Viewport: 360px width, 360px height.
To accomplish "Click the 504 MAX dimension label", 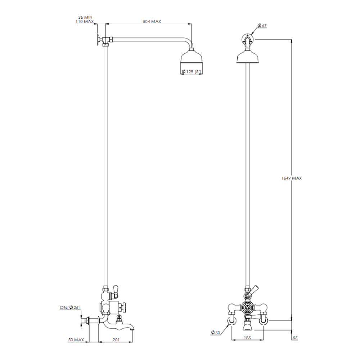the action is point(152,21).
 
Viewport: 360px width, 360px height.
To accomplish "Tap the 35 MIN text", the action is point(85,17).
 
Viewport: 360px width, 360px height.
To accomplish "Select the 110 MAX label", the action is point(85,22).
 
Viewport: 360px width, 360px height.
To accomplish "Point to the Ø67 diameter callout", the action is point(262,25).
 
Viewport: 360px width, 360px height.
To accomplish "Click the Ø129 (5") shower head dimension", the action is point(192,72).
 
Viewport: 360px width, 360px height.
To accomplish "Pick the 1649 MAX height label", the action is point(292,178).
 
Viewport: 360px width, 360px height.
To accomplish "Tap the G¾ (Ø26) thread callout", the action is point(69,307).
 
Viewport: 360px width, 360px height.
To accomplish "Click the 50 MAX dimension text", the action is point(76,340).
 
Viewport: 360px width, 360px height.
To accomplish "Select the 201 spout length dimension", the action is point(116,340).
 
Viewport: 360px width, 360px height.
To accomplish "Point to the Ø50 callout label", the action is point(215,332).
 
